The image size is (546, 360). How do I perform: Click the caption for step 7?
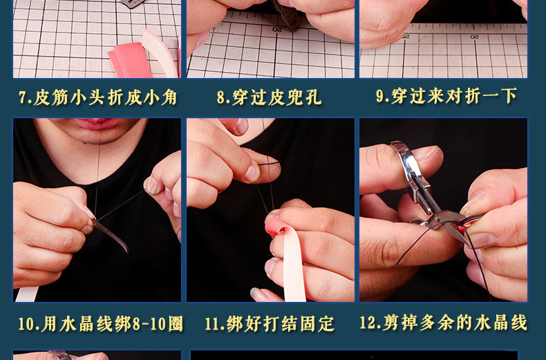(x=97, y=97)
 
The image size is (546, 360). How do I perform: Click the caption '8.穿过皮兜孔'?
(x=269, y=97)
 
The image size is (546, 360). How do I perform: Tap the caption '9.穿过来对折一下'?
(x=446, y=96)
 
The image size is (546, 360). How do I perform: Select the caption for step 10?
(x=100, y=323)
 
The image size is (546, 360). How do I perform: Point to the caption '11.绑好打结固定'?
(x=270, y=323)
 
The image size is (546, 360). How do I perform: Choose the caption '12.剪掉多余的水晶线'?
(x=443, y=323)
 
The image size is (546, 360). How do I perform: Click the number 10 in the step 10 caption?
(x=27, y=324)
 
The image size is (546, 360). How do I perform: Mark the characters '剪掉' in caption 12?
(x=397, y=323)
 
